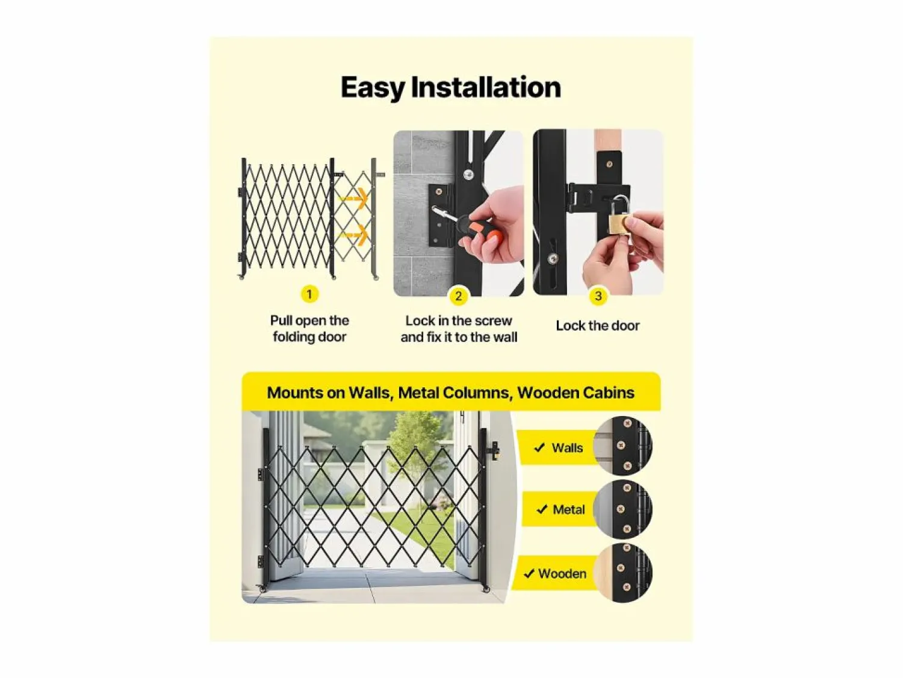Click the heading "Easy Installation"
click(451, 87)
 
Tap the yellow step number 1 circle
click(309, 294)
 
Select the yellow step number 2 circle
click(459, 296)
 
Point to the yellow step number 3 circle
click(598, 296)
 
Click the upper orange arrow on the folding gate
click(354, 198)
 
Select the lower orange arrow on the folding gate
click(354, 235)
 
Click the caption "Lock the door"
click(598, 326)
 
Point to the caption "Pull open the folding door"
click(309, 329)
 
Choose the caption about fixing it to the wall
click(459, 329)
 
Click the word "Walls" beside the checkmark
click(567, 447)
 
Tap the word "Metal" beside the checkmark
click(568, 510)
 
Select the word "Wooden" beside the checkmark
click(562, 573)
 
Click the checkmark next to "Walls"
click(539, 447)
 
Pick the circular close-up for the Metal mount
click(623, 509)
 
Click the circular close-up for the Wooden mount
click(623, 573)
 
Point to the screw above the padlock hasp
click(609, 164)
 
